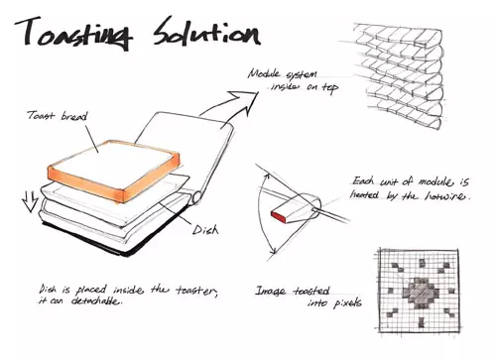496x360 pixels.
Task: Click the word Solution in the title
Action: coord(207,32)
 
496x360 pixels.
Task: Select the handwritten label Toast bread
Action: coord(58,116)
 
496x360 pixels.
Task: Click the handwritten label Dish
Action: coord(205,229)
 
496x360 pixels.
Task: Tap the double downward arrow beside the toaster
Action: coord(30,201)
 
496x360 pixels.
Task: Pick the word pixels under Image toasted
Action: coord(347,302)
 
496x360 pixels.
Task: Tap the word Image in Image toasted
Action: coord(270,291)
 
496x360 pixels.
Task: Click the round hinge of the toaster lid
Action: coord(197,197)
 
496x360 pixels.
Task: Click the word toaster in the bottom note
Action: coord(196,291)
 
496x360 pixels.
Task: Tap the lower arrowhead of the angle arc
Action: coord(273,251)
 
